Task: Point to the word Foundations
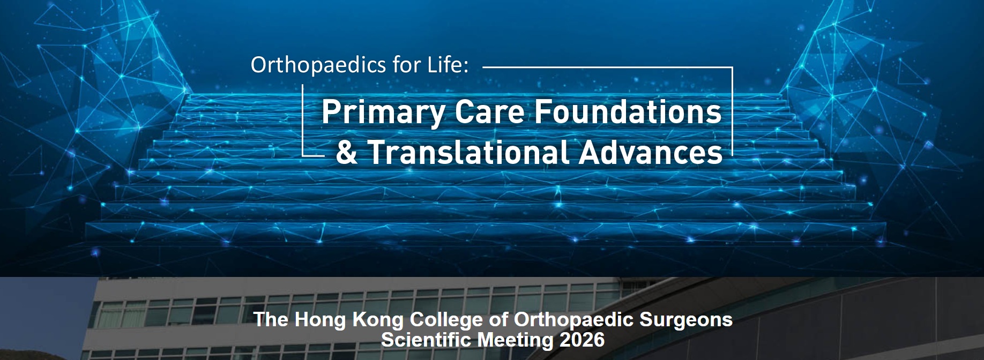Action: coord(628,112)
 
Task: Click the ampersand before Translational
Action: coord(347,152)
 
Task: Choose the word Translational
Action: coord(468,152)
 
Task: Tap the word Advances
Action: coord(651,152)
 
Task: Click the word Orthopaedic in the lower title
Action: coord(574,320)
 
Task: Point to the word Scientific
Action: coord(426,340)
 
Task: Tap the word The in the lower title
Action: coord(271,320)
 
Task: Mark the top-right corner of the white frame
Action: coord(732,67)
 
